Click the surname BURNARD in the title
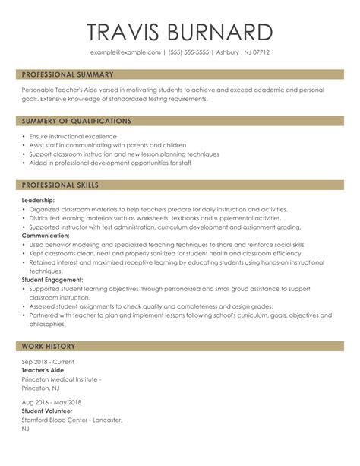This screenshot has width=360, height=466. click(219, 32)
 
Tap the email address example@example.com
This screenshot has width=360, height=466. click(125, 52)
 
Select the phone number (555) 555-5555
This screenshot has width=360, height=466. click(189, 52)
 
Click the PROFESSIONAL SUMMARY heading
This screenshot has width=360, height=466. click(68, 75)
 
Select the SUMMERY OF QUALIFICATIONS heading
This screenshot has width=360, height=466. click(76, 121)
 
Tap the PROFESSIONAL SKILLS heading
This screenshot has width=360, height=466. click(60, 185)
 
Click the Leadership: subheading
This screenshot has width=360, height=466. click(39, 200)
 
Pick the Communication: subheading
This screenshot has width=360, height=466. click(45, 236)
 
